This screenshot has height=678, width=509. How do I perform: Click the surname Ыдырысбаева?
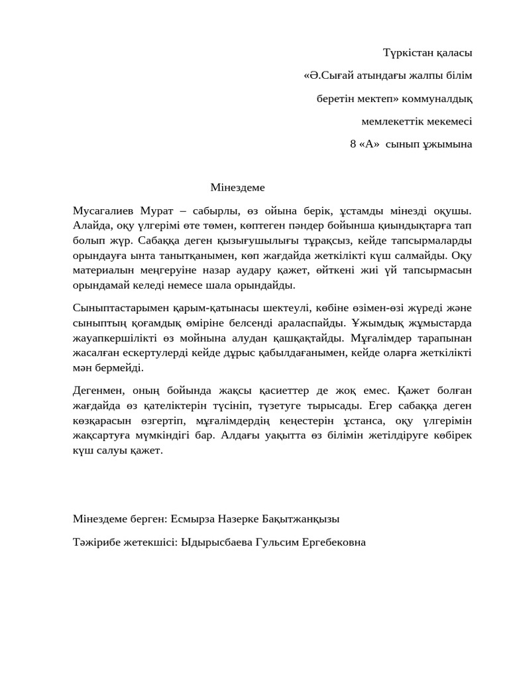point(219,542)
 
